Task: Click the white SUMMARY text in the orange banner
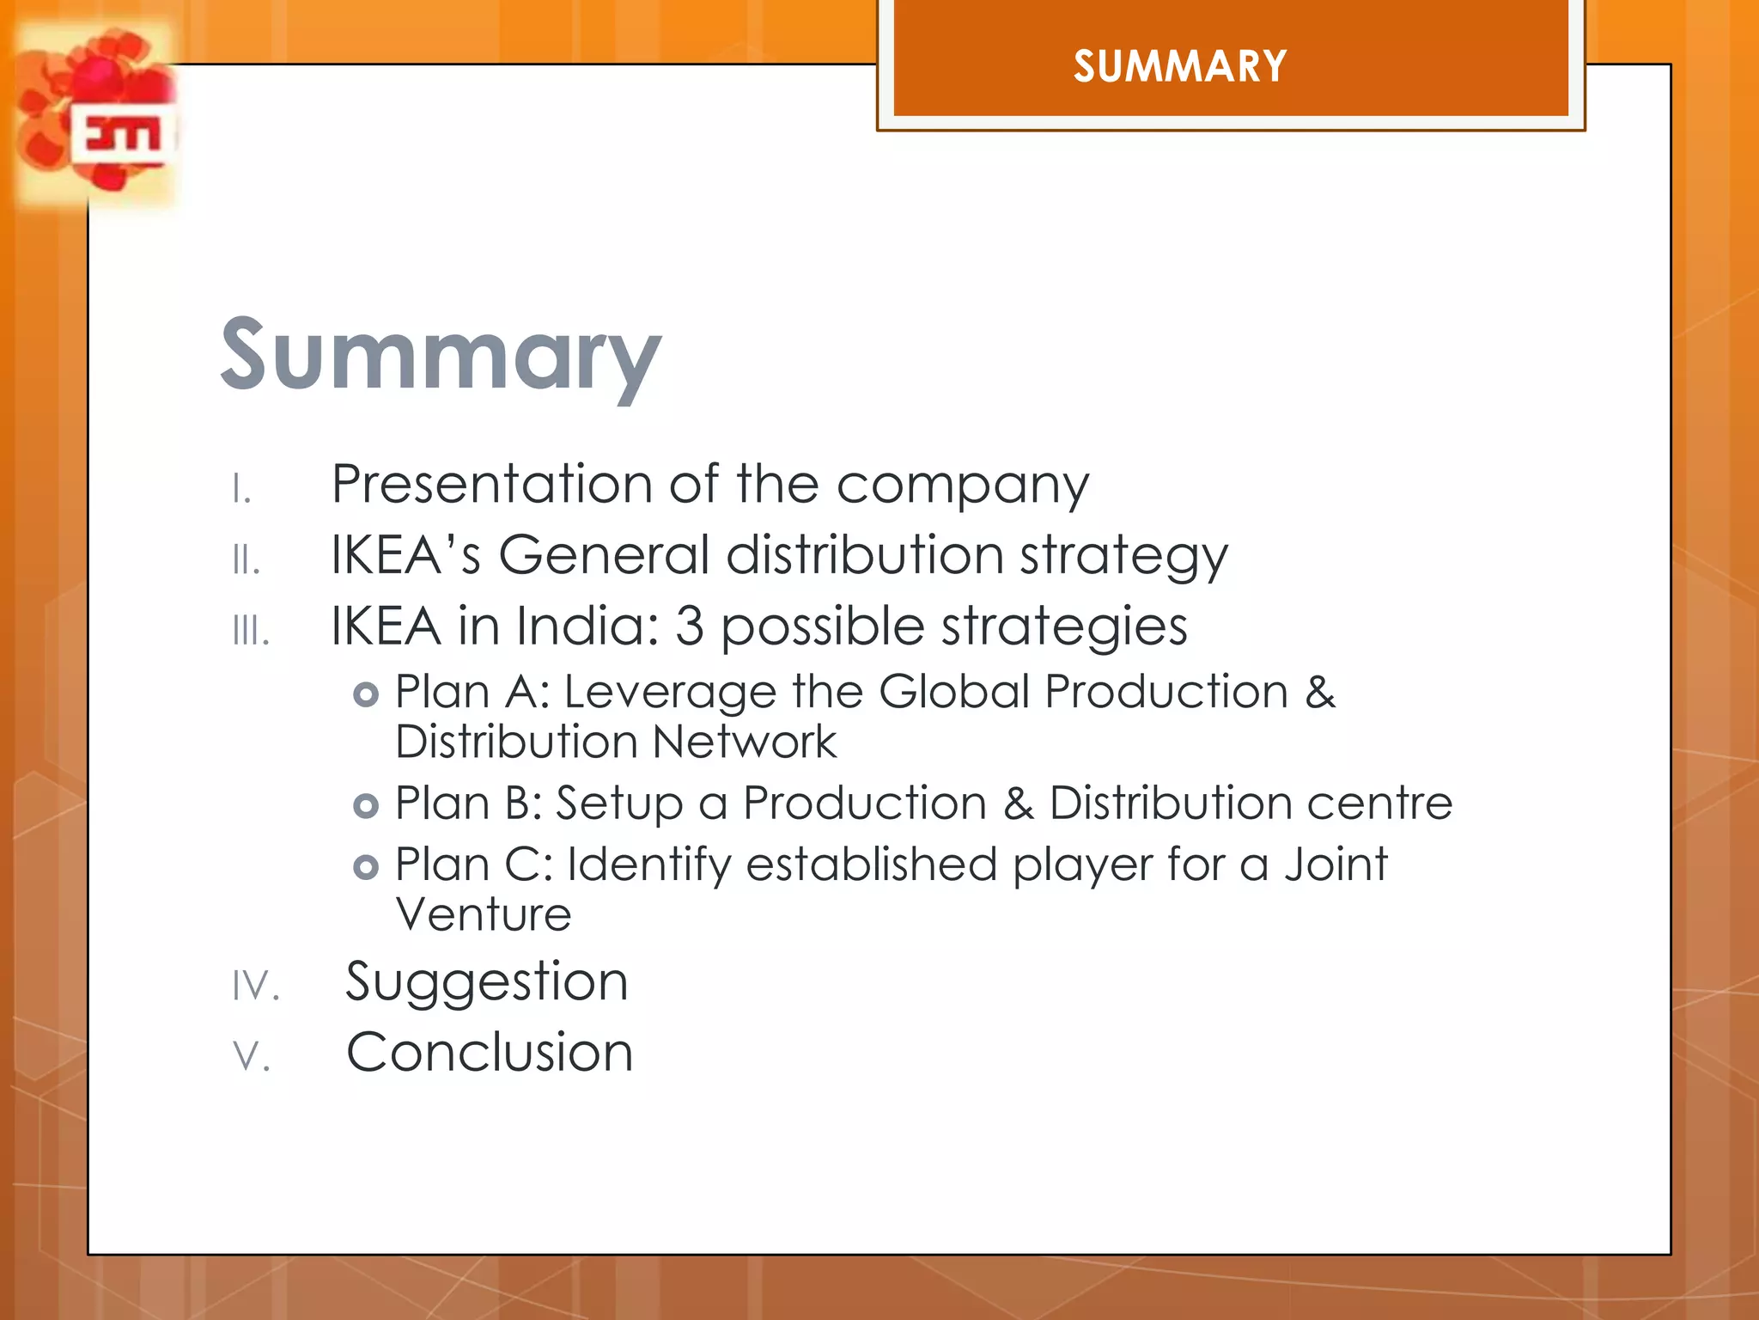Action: point(1180,66)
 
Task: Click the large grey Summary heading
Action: point(441,355)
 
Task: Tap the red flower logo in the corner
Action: point(99,116)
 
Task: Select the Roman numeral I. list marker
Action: point(241,489)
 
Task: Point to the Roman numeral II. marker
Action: point(246,560)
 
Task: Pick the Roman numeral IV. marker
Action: point(256,986)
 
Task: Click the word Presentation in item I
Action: point(492,484)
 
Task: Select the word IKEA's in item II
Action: point(405,554)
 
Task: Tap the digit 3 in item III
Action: point(689,626)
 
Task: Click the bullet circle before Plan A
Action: point(366,694)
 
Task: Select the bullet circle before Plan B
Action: point(366,806)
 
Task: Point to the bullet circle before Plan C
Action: point(366,867)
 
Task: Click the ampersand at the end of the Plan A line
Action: point(1320,692)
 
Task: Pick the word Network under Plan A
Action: point(744,742)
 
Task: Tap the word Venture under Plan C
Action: point(484,914)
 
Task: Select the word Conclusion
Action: point(490,1052)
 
